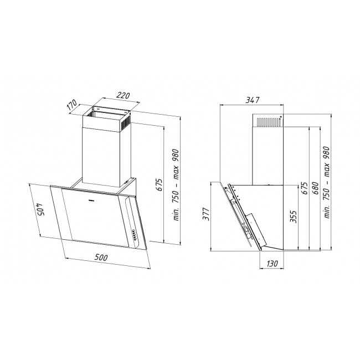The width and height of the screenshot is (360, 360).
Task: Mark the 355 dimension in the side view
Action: coord(294,216)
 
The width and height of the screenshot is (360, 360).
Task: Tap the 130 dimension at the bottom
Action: coord(271,265)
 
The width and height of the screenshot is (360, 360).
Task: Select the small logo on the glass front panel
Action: coord(93,196)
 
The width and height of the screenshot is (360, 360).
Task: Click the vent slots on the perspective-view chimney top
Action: coord(126,119)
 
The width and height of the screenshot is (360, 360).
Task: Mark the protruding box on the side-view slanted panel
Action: coord(255,223)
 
